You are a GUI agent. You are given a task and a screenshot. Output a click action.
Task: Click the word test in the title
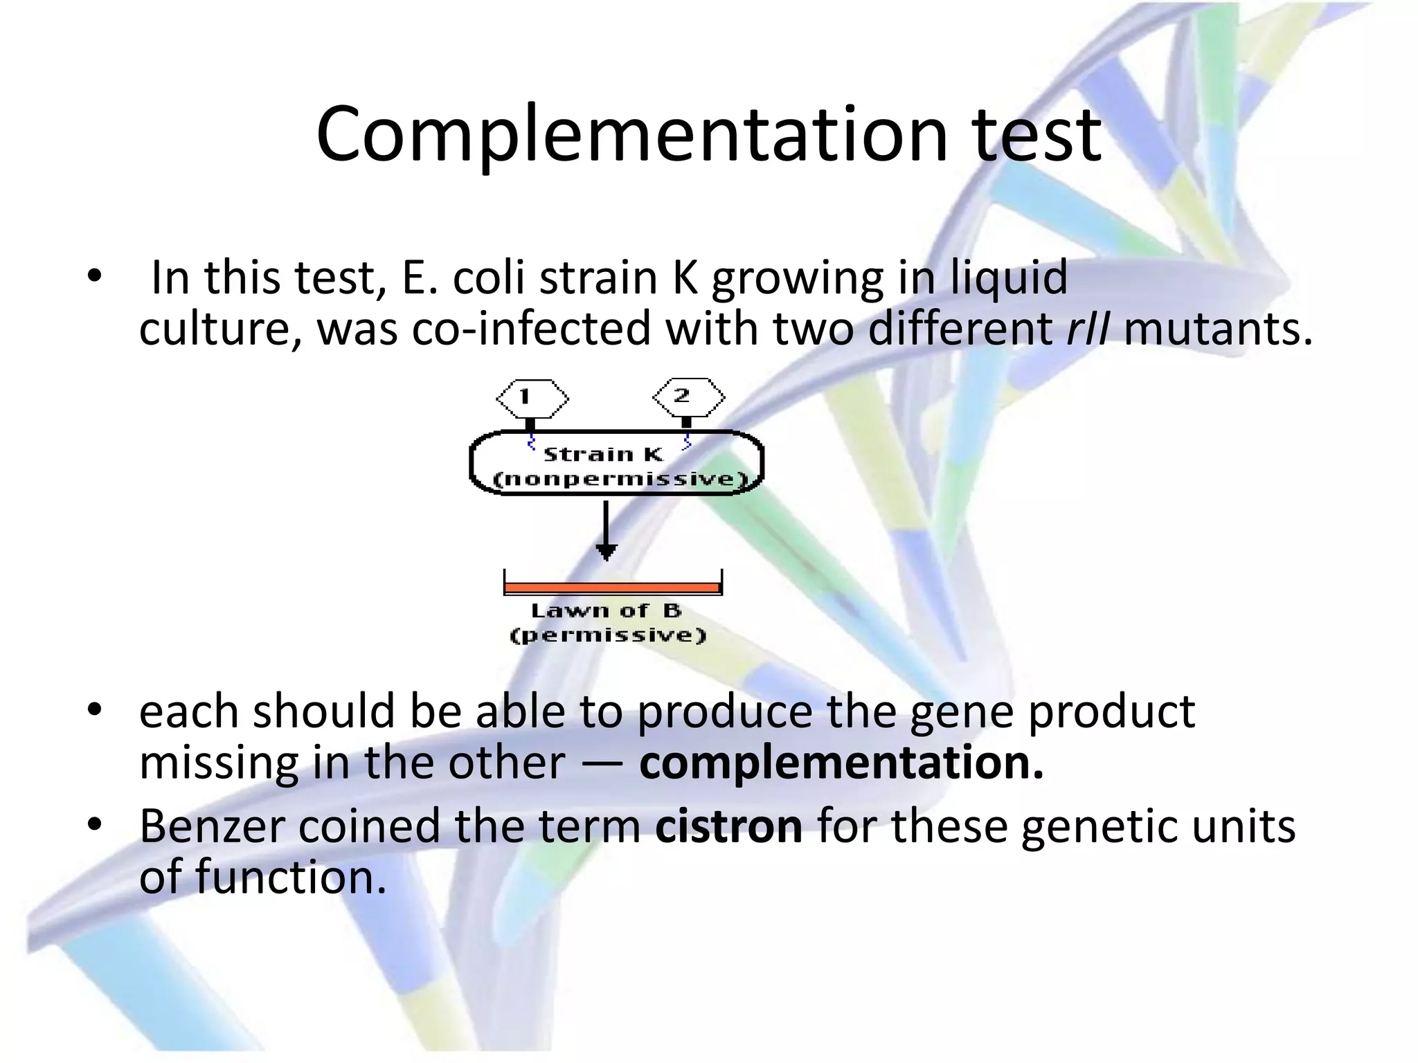[1036, 135]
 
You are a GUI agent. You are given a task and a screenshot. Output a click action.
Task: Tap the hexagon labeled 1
[532, 398]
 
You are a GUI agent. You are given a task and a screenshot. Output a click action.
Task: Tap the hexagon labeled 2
[688, 397]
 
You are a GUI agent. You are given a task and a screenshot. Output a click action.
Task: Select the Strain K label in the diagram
[603, 455]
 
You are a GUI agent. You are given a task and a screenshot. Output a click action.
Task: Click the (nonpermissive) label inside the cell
[620, 479]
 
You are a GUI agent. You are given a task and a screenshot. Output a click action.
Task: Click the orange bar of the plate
[612, 588]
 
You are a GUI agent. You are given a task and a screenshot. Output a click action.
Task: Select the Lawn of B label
[606, 611]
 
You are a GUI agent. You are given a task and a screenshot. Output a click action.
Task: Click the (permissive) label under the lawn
[607, 635]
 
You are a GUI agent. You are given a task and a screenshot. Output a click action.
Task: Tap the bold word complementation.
[841, 763]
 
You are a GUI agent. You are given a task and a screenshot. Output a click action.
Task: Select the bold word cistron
[728, 826]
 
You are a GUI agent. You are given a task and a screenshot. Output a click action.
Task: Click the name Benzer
[211, 826]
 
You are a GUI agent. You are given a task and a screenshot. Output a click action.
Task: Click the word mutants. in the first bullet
[1218, 329]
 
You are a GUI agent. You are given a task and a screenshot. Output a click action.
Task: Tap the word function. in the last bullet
[290, 878]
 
